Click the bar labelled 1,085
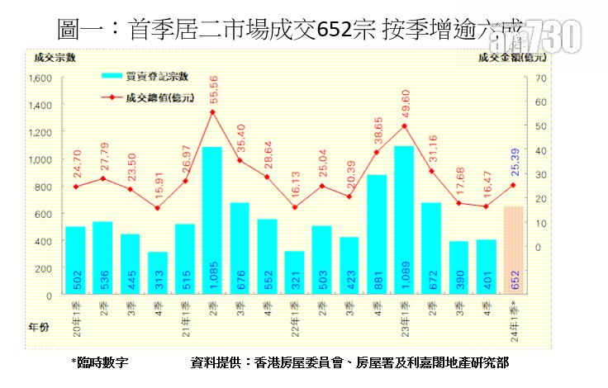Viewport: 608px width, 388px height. (212, 220)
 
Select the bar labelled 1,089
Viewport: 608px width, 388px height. (404, 220)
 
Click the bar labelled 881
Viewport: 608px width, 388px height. (377, 234)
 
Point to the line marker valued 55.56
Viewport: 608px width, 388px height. (212, 112)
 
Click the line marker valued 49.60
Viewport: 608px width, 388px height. (404, 126)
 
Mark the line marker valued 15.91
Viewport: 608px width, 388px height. (158, 208)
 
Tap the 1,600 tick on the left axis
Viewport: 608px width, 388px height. (40, 78)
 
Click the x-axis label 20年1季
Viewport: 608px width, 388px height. (76, 317)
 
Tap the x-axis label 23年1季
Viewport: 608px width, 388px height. (404, 317)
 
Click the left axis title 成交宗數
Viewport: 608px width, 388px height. (50, 57)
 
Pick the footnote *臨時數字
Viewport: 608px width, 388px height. (100, 362)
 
